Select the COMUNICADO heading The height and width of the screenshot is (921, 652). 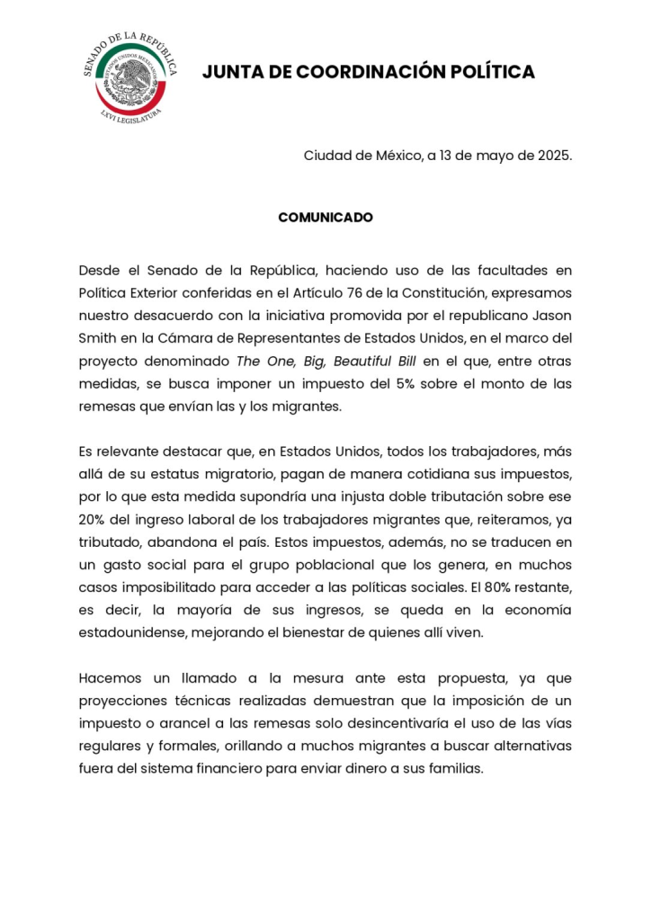point(326,218)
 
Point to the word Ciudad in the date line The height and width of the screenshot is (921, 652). point(326,155)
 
